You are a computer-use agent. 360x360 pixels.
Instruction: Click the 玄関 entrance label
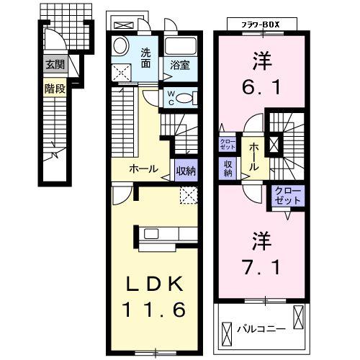coord(53,65)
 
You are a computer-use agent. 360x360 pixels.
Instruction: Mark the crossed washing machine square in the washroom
coord(121,72)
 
